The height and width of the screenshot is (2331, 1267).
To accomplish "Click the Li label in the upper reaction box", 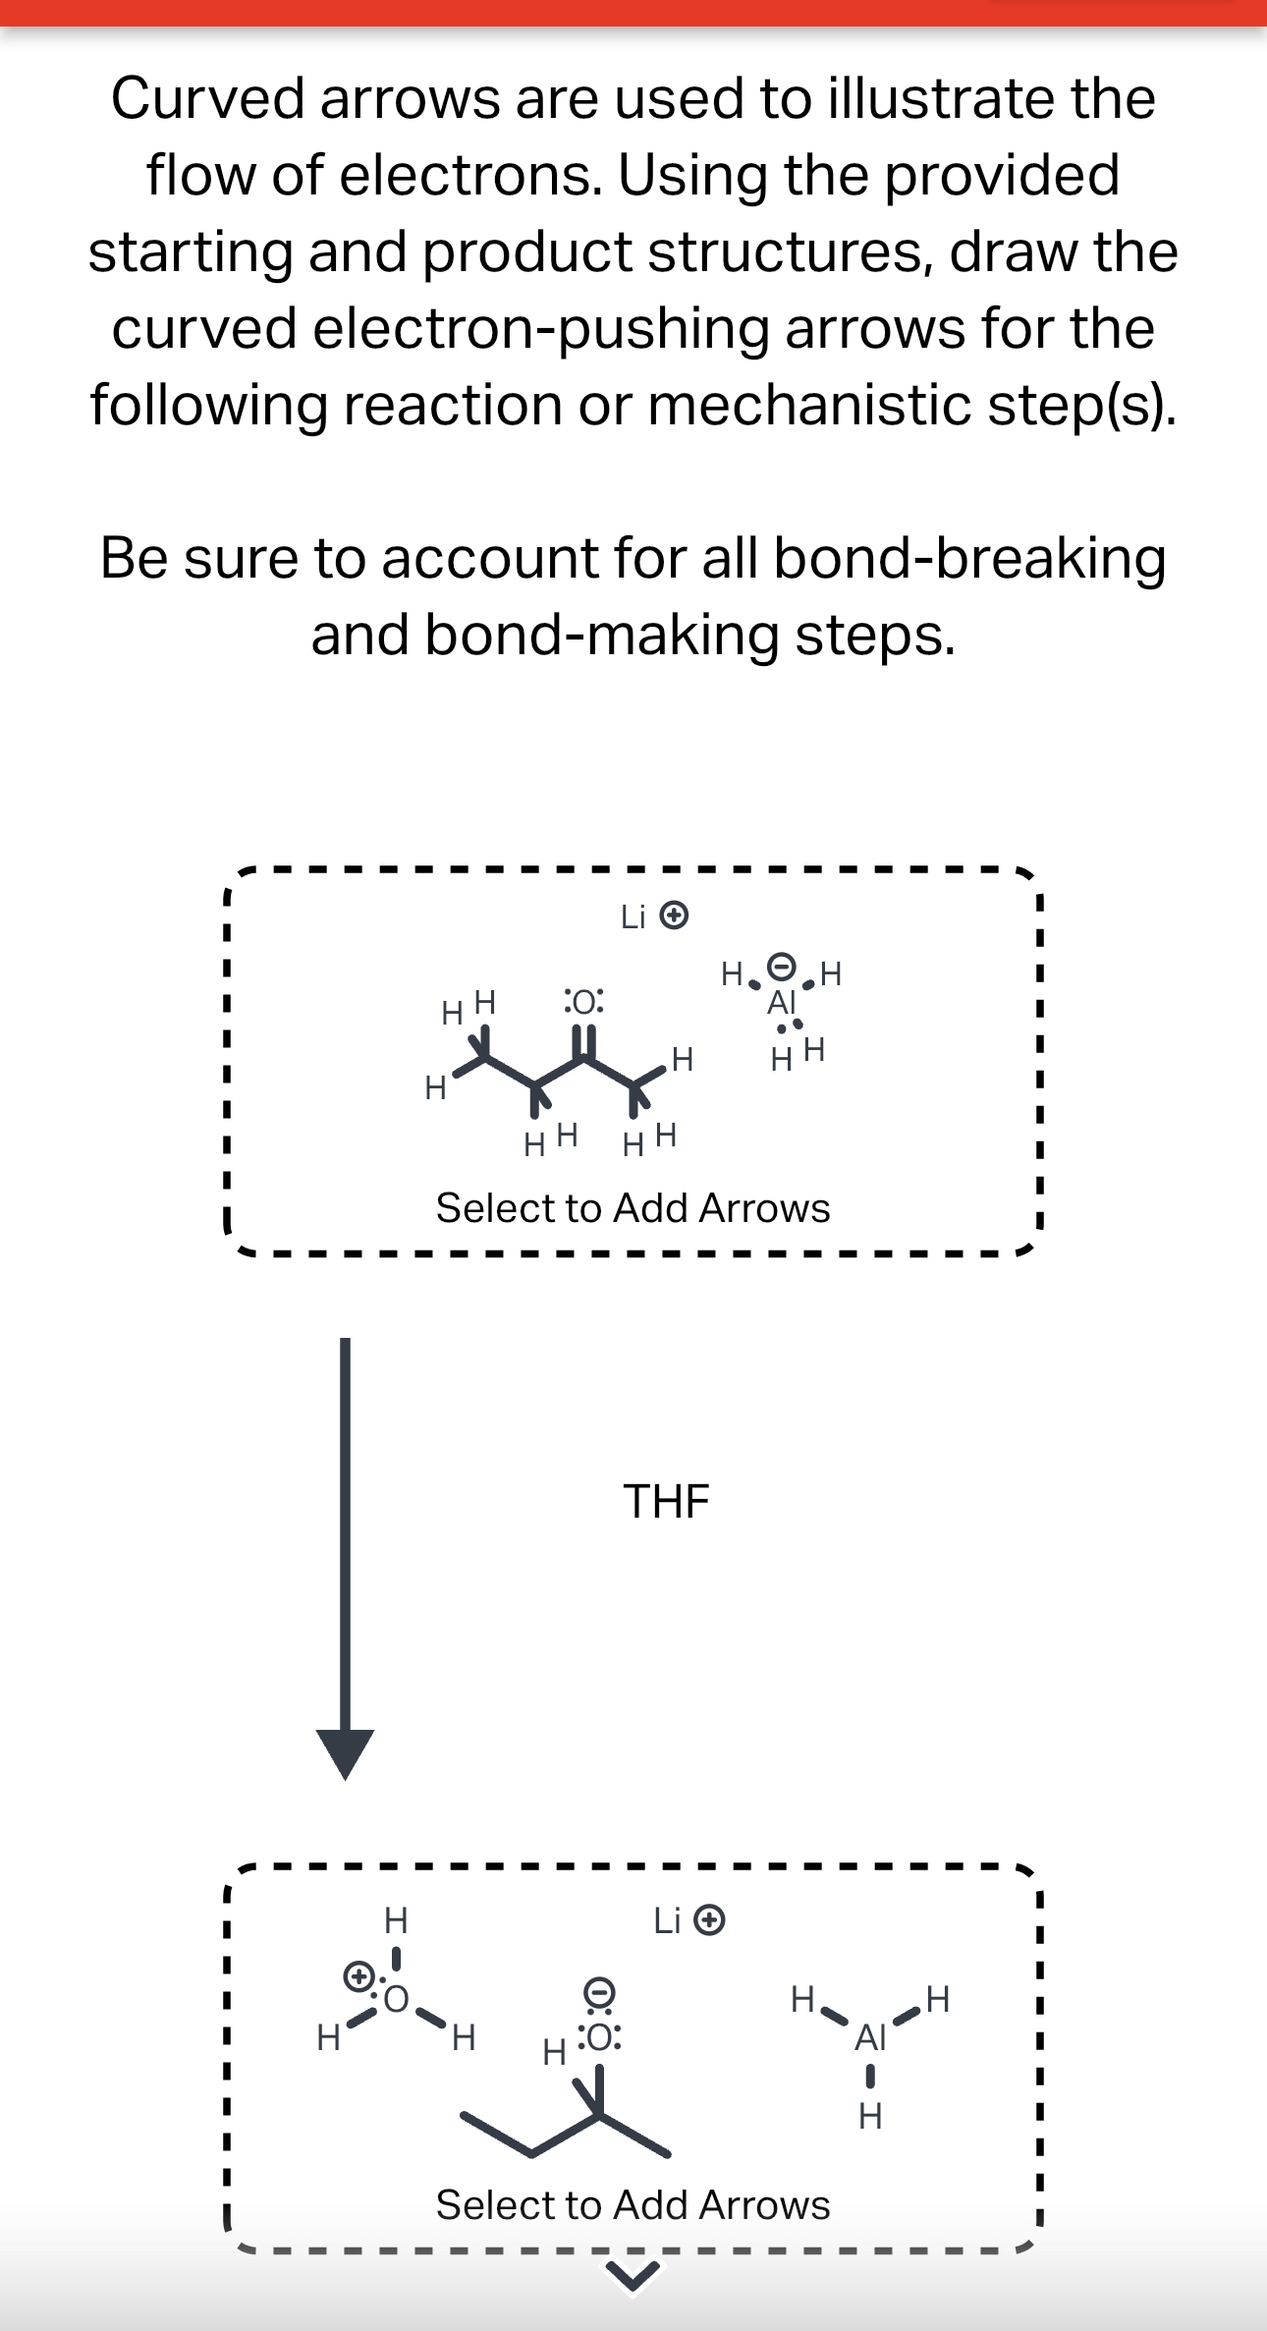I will click(x=633, y=917).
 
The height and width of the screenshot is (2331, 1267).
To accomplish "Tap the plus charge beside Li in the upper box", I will click(x=674, y=916).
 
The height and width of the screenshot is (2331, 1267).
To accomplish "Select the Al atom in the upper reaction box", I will click(x=781, y=1003).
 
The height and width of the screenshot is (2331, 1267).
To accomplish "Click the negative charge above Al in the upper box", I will click(x=781, y=967).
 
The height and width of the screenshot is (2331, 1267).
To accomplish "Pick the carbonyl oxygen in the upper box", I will click(x=583, y=1002).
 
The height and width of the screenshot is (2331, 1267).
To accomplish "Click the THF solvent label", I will click(x=666, y=1501).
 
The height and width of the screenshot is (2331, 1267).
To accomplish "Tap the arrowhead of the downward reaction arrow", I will click(x=346, y=1752).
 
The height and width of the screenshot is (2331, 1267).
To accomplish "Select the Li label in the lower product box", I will click(x=666, y=1920).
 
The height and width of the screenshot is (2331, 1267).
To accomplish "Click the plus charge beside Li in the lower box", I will click(x=709, y=1920).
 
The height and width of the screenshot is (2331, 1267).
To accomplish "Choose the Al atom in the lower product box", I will click(x=870, y=2037).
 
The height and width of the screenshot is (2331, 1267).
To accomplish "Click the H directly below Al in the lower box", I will click(x=870, y=2115).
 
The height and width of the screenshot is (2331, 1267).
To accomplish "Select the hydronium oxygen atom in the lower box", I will click(x=396, y=1999).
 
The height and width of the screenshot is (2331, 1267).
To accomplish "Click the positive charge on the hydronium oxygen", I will click(x=358, y=1974).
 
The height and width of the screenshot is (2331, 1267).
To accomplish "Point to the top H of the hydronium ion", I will click(x=395, y=1918).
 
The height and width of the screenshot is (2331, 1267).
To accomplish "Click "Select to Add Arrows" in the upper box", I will click(x=633, y=1208).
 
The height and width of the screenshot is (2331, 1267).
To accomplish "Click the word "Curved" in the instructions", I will click(x=207, y=99).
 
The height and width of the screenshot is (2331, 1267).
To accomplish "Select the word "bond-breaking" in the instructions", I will click(x=969, y=558).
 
